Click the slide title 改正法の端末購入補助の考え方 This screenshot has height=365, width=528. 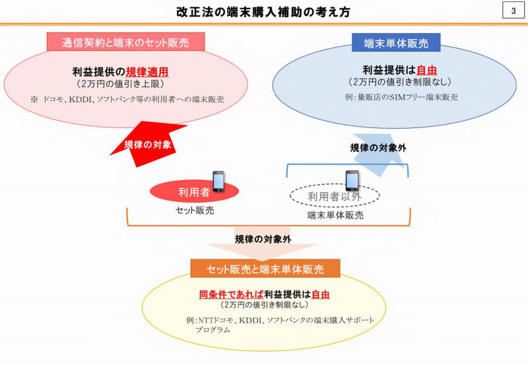click(x=264, y=12)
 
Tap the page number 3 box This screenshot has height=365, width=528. click(x=513, y=11)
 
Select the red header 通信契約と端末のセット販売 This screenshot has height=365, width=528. click(x=125, y=42)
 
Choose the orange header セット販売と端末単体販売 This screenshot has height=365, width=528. click(x=265, y=269)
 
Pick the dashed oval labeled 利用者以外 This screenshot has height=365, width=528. click(x=335, y=195)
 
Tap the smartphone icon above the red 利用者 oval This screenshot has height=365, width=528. click(x=219, y=180)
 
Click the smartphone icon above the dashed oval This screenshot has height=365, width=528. click(x=352, y=180)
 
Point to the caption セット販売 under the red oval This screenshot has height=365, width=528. click(x=195, y=211)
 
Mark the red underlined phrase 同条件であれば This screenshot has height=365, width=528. click(x=230, y=294)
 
